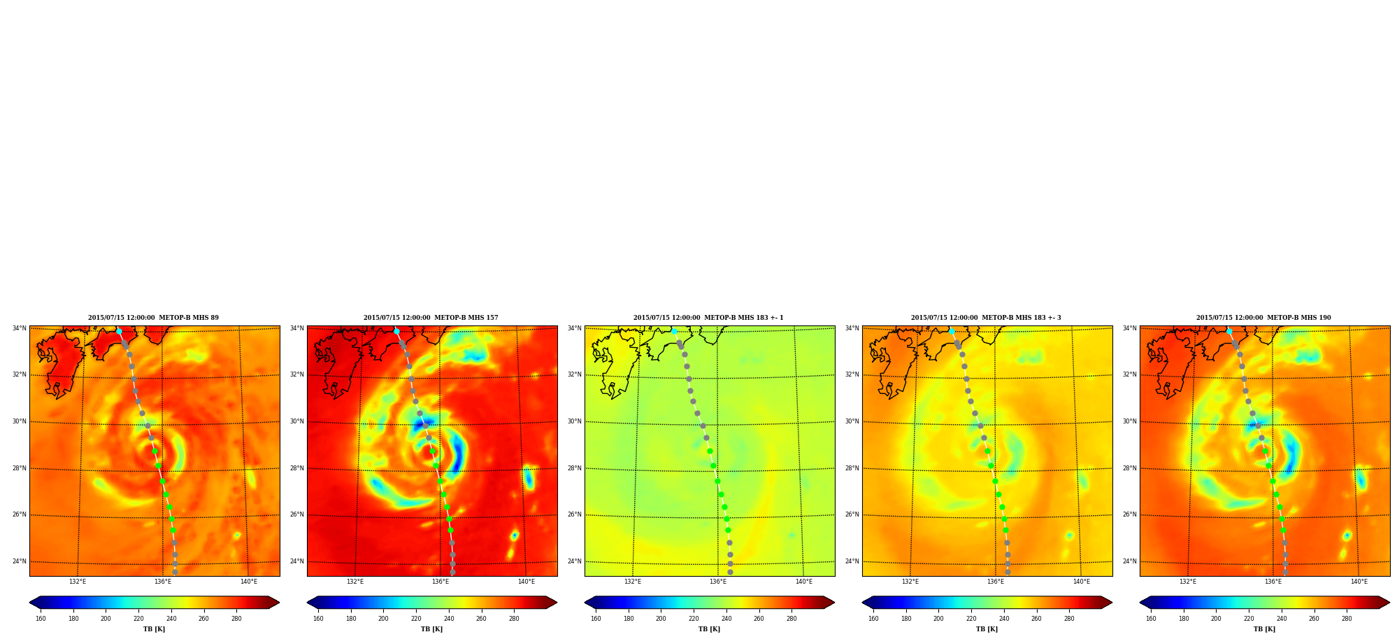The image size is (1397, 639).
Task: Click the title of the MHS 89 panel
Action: coord(153,318)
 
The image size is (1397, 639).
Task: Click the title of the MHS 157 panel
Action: coord(431,318)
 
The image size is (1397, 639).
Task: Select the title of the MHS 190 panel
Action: coord(1263,318)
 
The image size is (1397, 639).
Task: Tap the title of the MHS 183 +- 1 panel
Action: coord(708,318)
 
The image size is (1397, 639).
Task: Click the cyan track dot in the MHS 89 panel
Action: coord(119,331)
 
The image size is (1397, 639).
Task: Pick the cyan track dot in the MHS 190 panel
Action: coord(1229,331)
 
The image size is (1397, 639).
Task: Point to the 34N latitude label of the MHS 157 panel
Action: coord(297,328)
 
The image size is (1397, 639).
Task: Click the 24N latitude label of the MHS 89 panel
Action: coord(20,561)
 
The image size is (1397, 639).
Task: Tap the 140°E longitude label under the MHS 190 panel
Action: coord(1359,582)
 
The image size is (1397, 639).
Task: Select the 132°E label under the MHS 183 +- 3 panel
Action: coord(910,582)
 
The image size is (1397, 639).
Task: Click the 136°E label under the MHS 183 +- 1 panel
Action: coord(718,582)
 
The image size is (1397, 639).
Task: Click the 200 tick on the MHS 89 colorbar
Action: coord(106,619)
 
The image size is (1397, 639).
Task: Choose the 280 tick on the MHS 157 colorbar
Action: coord(514,619)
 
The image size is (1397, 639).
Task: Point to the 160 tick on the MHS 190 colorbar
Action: coord(1151,619)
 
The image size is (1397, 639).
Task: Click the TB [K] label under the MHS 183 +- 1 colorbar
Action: coord(709,629)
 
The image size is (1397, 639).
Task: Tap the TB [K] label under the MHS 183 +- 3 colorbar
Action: coord(987,629)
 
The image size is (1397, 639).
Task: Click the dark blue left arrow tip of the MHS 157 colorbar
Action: coord(308,603)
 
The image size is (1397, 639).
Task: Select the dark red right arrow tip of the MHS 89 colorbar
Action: coord(279,603)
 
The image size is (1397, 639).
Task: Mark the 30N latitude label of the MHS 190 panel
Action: coord(1130,421)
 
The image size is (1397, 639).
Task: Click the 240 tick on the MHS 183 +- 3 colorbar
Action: coord(1004,619)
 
